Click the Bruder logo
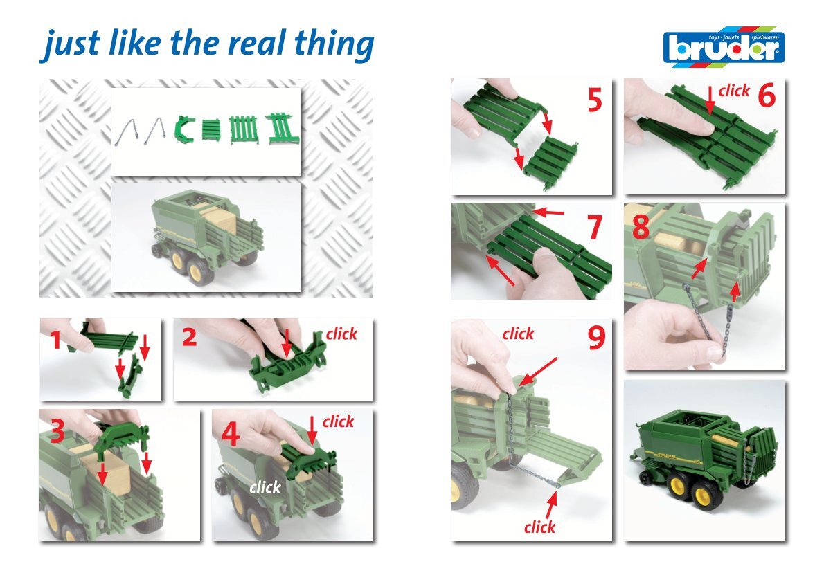click(724, 47)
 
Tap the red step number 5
click(594, 100)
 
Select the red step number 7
click(594, 228)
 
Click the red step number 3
click(57, 431)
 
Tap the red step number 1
click(56, 339)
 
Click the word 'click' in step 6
click(733, 91)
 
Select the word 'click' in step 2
click(341, 334)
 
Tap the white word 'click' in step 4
click(265, 487)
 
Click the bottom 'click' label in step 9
click(539, 527)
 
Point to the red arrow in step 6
click(710, 100)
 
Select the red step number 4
click(230, 434)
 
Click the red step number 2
click(189, 337)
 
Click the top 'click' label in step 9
click(518, 334)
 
